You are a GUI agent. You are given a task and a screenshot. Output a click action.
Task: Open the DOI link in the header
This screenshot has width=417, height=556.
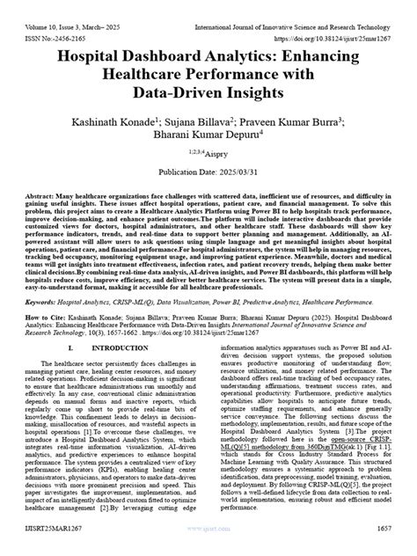[345, 26]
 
